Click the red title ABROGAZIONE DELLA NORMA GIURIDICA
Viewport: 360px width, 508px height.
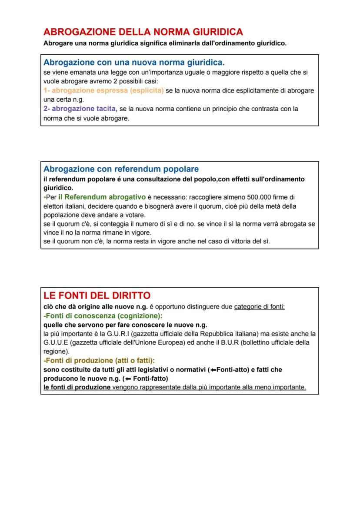tap(143, 32)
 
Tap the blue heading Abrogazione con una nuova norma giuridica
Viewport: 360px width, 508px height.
tap(134, 63)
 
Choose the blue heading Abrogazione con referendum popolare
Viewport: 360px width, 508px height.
tap(121, 169)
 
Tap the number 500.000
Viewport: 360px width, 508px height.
tap(261, 197)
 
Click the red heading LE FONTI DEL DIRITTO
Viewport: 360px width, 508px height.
tap(97, 296)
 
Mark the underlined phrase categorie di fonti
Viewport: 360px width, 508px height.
tap(260, 307)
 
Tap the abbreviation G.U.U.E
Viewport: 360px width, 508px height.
tap(57, 342)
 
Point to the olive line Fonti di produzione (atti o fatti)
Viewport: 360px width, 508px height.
tap(100, 361)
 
